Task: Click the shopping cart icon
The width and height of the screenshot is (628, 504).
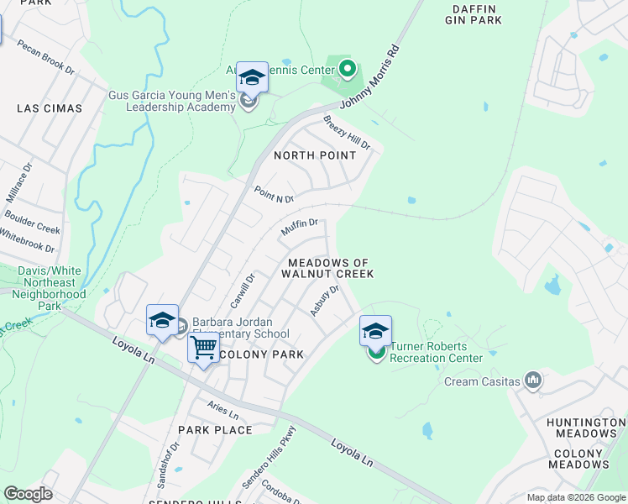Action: tap(203, 347)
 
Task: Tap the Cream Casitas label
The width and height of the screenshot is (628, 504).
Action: tap(482, 382)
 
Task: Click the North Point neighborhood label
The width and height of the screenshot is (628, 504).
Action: tap(315, 155)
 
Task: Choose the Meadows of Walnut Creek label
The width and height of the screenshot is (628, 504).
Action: tap(327, 268)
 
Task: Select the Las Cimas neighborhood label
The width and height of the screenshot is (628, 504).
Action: tap(50, 108)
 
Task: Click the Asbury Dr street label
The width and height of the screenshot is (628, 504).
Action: tap(324, 301)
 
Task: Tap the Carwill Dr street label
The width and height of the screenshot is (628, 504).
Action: tap(242, 291)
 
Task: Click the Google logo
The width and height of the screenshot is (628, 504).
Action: tap(28, 494)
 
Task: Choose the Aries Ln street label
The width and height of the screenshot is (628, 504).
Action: tap(224, 412)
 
